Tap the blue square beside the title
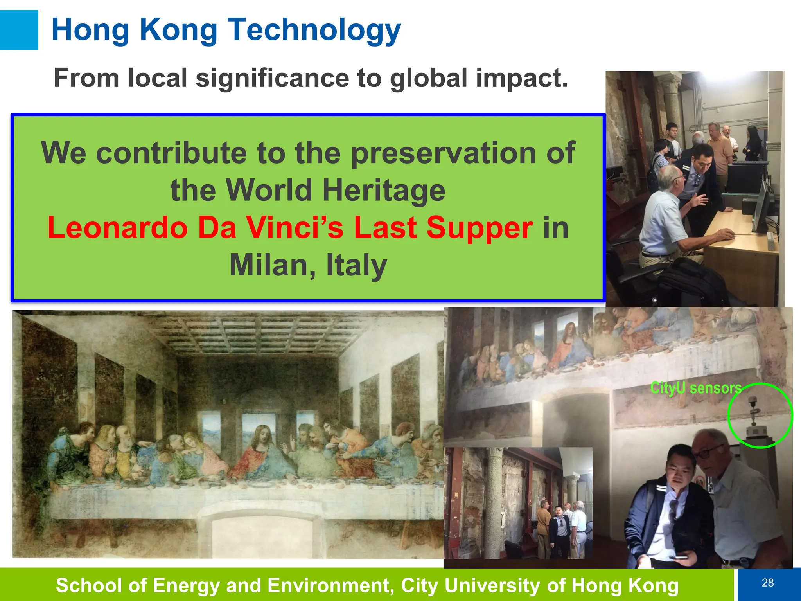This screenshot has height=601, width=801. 19,30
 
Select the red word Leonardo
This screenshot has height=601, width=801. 117,228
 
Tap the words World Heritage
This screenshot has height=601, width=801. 336,191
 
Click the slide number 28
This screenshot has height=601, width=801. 767,583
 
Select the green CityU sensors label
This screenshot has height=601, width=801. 696,388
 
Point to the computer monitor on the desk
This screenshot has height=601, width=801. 762,207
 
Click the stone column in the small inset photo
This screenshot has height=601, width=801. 494,505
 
